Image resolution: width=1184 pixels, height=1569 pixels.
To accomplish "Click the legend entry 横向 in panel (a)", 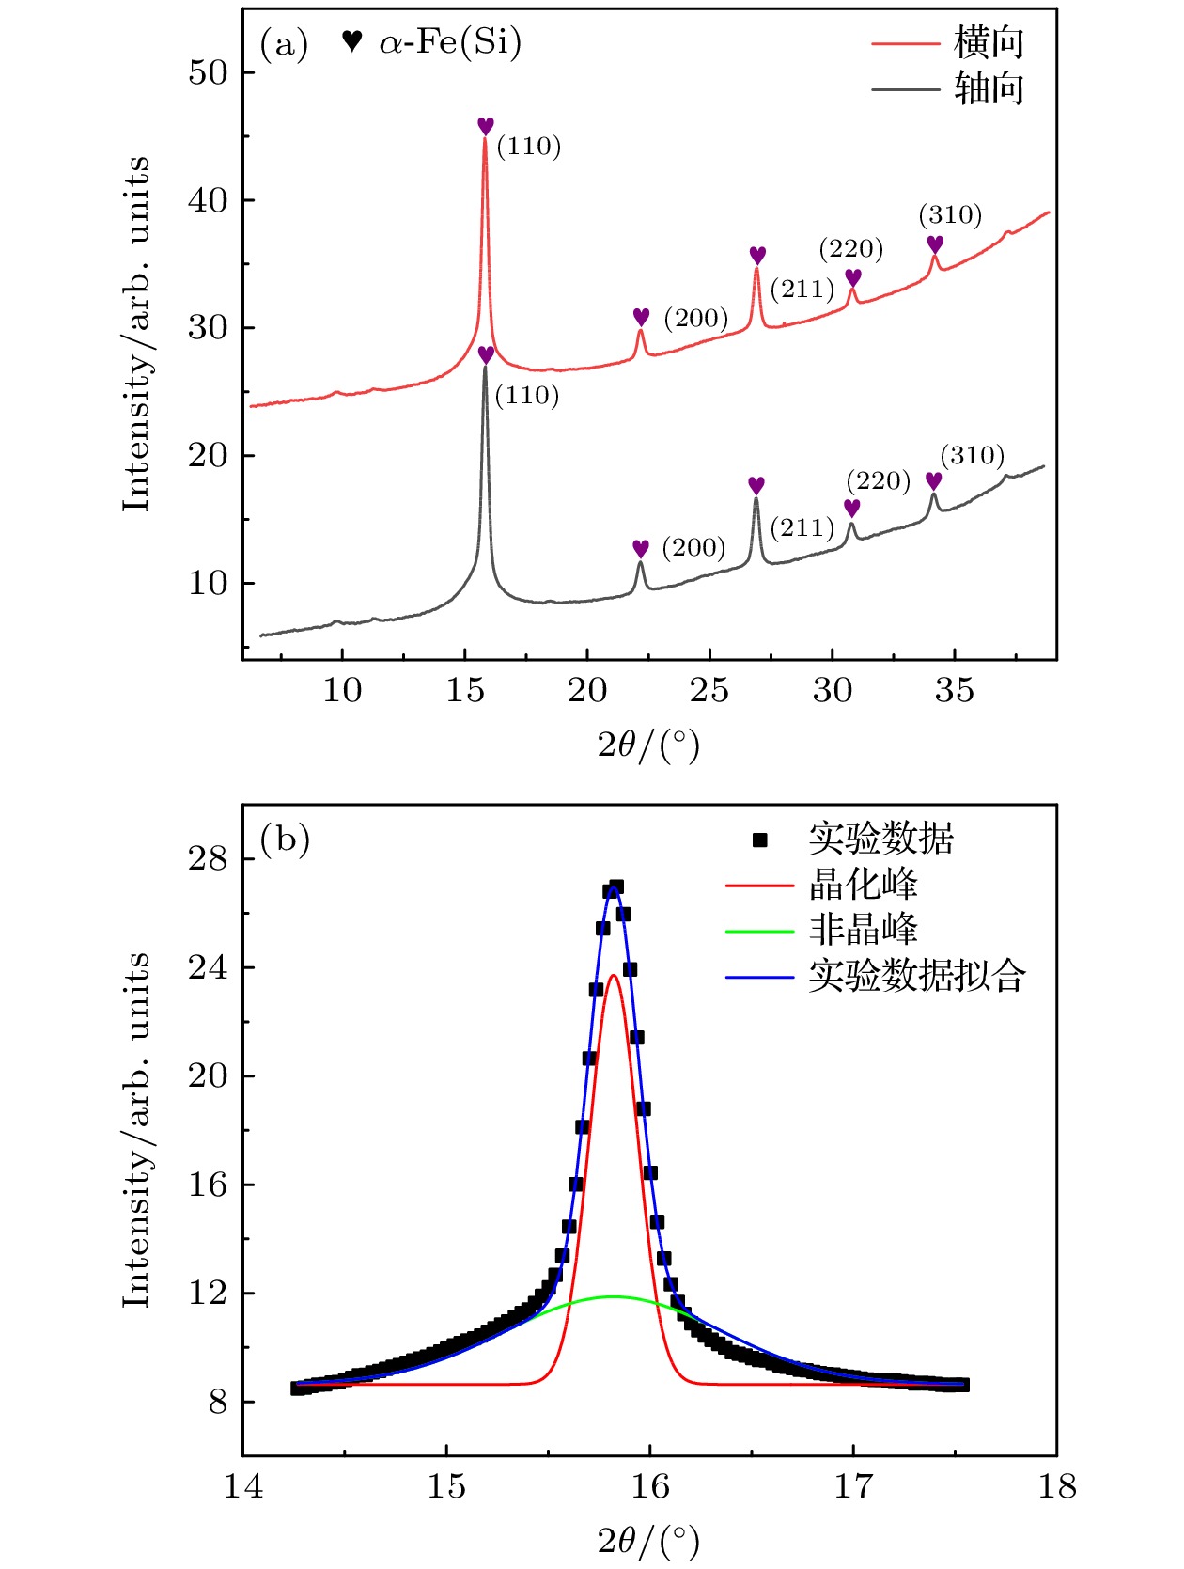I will [988, 43].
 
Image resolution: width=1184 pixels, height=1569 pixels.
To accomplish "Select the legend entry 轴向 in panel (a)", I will [988, 89].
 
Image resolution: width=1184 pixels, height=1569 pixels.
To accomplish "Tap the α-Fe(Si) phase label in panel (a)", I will [449, 42].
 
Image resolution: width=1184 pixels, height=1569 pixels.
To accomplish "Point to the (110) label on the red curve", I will [528, 147].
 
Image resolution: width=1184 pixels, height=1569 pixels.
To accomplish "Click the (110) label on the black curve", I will [526, 396].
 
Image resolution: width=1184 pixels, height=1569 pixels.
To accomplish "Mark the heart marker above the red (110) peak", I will [485, 126].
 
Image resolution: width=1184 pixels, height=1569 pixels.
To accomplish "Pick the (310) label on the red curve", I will [950, 215].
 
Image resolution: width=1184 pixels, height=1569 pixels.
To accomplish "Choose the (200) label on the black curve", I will [693, 548].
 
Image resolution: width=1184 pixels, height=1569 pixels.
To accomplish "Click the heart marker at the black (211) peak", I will [756, 485].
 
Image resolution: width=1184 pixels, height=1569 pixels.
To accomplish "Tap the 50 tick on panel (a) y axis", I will [208, 73].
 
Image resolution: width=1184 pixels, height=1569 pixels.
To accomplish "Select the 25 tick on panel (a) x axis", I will [709, 691].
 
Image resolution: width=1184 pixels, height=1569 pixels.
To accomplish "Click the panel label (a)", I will [284, 44].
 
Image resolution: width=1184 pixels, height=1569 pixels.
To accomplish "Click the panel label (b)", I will [285, 839].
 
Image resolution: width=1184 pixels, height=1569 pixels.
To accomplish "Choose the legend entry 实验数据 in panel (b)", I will [880, 839].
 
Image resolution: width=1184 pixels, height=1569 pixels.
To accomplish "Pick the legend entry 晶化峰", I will [863, 885].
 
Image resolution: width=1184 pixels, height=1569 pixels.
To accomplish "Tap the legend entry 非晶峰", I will [863, 930].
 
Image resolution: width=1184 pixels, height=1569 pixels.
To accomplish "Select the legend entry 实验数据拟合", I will [916, 976].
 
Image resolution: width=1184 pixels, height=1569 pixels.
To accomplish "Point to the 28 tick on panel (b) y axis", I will [208, 859].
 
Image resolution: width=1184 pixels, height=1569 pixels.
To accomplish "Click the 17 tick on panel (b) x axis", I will [853, 1487].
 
